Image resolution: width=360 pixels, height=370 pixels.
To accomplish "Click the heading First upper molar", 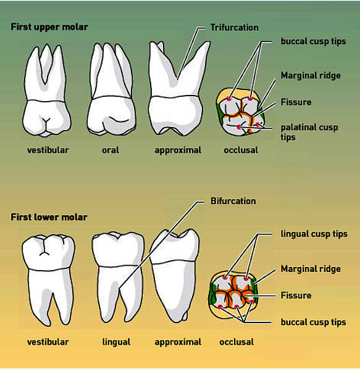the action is tap(49, 27).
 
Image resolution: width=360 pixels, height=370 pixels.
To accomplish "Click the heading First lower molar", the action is tap(49, 217).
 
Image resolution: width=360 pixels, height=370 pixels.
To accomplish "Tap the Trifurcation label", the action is tap(234, 28).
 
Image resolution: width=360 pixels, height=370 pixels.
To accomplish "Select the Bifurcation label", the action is tap(233, 201).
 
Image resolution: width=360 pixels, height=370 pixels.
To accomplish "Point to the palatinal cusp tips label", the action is tap(309, 132).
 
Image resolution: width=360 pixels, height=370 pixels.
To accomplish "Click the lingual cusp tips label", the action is tap(314, 234).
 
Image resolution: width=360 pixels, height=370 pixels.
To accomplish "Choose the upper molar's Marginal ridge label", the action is tap(311, 76).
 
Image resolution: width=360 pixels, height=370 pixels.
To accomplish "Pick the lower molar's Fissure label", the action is tap(296, 295).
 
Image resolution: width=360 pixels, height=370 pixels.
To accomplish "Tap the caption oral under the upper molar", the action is tap(111, 150).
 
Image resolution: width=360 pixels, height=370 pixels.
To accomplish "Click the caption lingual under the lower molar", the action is tap(116, 342).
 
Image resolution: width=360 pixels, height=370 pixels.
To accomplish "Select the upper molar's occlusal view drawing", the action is tap(240, 112).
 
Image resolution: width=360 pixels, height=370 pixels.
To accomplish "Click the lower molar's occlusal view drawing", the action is tap(233, 294).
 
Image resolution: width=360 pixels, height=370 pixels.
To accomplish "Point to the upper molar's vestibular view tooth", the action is tap(46, 91).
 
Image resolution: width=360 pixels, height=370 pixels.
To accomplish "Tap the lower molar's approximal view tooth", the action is tap(175, 276).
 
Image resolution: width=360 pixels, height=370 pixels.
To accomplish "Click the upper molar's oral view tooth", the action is tap(112, 89).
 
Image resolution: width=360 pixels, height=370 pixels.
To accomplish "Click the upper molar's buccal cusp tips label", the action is tap(313, 41).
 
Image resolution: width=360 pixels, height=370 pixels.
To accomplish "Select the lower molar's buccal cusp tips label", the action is tap(313, 323).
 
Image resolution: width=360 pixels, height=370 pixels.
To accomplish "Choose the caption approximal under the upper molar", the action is tap(178, 150).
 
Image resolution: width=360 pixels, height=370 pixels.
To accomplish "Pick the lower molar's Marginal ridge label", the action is tap(311, 269).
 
